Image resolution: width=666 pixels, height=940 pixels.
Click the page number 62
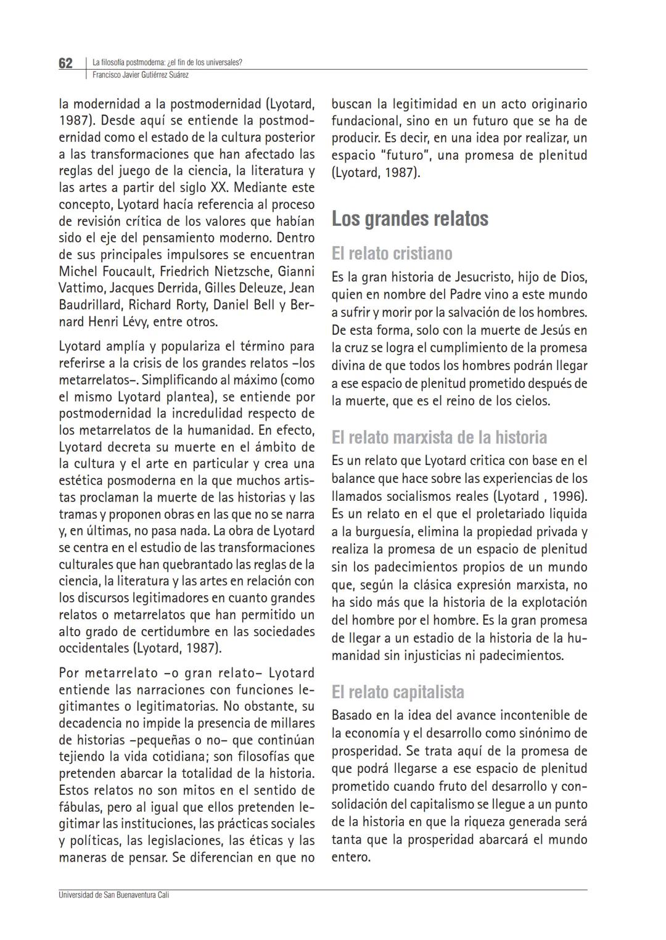[x=65, y=64]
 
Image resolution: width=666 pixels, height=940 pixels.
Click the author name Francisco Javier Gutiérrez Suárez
[x=140, y=75]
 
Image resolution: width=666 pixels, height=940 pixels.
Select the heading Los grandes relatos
[x=409, y=219]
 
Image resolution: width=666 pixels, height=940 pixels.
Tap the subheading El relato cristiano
[x=392, y=254]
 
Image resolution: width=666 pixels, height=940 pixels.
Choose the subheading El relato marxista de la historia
[x=439, y=437]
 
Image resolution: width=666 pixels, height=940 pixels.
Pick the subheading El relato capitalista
[x=398, y=692]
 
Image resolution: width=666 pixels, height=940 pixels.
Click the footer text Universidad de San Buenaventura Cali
[x=113, y=894]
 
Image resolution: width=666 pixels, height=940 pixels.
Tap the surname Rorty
[x=201, y=305]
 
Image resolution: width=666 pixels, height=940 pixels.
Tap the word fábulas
[x=80, y=807]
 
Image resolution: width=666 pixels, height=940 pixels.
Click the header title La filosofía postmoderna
[x=128, y=62]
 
